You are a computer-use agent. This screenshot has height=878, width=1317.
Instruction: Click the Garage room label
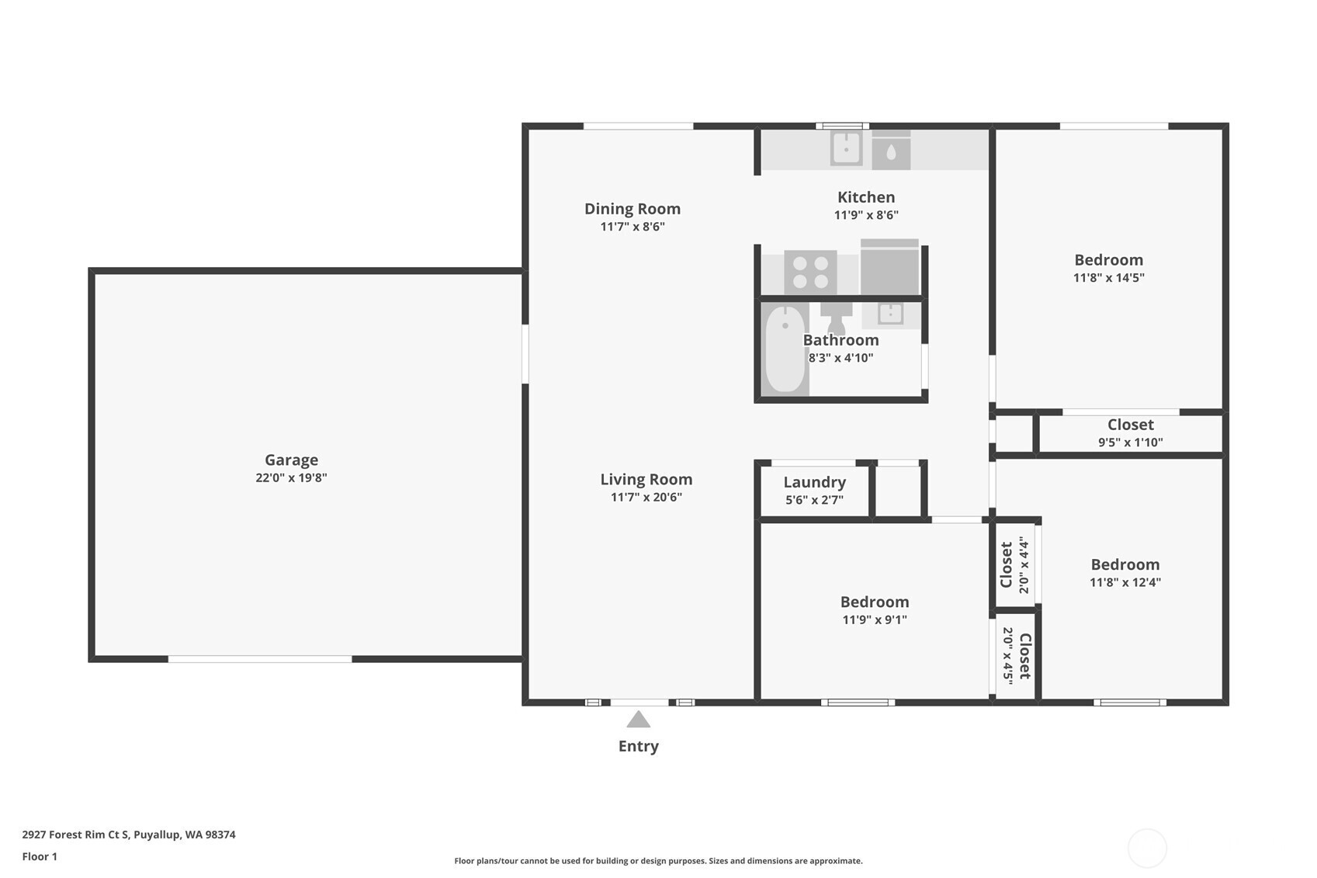tap(291, 460)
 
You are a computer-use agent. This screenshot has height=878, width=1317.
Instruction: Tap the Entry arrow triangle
tap(638, 719)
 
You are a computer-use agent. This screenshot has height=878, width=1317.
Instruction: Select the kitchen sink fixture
tap(846, 148)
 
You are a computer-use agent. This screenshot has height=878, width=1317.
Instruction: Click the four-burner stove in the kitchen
tap(810, 272)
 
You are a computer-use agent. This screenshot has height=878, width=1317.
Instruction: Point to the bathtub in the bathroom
tap(785, 349)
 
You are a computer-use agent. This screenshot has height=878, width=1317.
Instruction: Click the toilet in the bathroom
tap(836, 318)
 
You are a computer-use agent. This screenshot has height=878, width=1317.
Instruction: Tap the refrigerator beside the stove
tap(889, 266)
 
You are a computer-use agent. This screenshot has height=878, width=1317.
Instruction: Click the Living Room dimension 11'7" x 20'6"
tap(646, 498)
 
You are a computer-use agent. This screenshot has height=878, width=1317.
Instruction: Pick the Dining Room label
tap(632, 209)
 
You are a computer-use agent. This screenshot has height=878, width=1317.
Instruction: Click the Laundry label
tap(814, 483)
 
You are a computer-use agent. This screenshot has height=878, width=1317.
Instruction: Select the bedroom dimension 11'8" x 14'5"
tap(1108, 278)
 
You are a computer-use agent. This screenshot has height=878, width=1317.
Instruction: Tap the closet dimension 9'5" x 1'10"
tap(1130, 442)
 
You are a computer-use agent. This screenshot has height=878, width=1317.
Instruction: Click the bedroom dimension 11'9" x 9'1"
tap(875, 619)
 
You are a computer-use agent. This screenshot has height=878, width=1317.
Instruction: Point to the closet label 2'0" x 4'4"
tap(1024, 564)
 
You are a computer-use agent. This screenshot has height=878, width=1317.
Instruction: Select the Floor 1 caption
tap(40, 856)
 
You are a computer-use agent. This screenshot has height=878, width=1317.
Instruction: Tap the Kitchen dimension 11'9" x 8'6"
tap(866, 215)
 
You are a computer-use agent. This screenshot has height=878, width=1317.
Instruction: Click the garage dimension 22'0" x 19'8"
tap(291, 477)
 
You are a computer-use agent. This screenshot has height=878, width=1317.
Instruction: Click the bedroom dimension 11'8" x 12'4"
tap(1125, 582)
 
